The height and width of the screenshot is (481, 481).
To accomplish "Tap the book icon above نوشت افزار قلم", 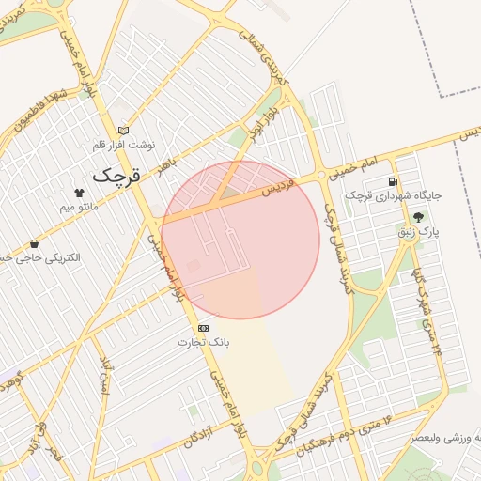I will tap(123, 131).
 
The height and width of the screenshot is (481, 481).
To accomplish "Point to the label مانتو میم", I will tap(79, 205).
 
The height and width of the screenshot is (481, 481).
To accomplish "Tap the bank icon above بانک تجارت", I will tap(203, 328).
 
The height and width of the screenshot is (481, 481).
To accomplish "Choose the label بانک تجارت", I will tap(203, 343).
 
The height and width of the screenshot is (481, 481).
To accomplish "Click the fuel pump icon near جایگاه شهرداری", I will tap(392, 181).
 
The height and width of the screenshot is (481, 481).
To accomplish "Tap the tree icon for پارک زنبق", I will tap(431, 215).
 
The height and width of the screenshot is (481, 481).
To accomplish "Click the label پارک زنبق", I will tap(431, 229).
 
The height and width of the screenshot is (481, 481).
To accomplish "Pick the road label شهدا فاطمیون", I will tap(32, 111).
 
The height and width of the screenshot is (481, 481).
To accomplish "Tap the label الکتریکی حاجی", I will tap(42, 257).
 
